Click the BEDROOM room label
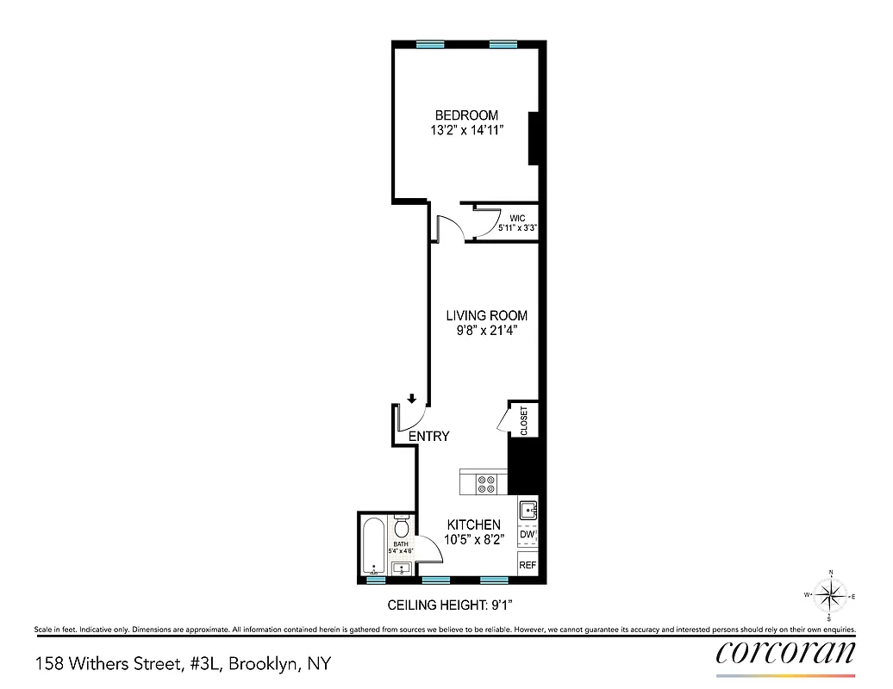click(x=465, y=115)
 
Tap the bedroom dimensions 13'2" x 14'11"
click(x=465, y=131)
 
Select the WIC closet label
click(x=517, y=218)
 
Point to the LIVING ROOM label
click(x=486, y=315)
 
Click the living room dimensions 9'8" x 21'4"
click(x=486, y=331)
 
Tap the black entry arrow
click(x=413, y=398)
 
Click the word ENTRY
click(x=428, y=437)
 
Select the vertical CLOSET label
click(x=524, y=419)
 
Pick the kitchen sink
click(x=528, y=511)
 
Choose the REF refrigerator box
click(x=528, y=565)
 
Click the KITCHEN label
click(x=472, y=525)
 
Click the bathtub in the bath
click(x=373, y=546)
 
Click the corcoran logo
click(x=786, y=653)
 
